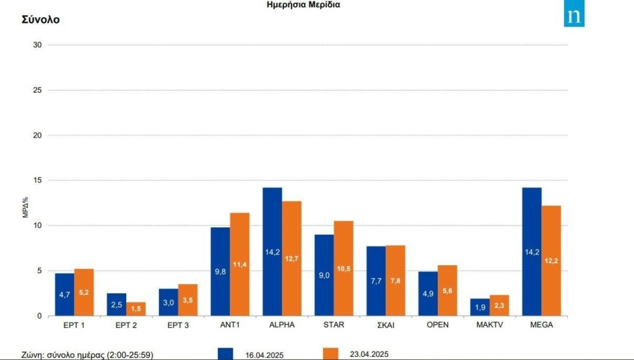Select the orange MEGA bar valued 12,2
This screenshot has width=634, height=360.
pos(551,260)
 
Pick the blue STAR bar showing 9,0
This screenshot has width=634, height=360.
pos(324,275)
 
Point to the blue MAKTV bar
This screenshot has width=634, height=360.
pos(480,308)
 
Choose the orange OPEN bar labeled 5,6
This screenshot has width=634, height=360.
pos(447,291)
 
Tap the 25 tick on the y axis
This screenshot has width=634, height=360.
pos(37,90)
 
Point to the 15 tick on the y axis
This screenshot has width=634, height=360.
pos(37,180)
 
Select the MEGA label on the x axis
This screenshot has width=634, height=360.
pos(541,325)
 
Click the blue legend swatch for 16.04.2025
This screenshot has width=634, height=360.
pos(225,353)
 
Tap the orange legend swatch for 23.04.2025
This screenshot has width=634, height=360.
pos(331,353)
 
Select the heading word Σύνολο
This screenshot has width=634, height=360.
pos(41,19)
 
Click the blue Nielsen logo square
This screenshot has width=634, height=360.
pos(574,17)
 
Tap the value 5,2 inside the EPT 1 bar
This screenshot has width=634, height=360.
pos(84,292)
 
